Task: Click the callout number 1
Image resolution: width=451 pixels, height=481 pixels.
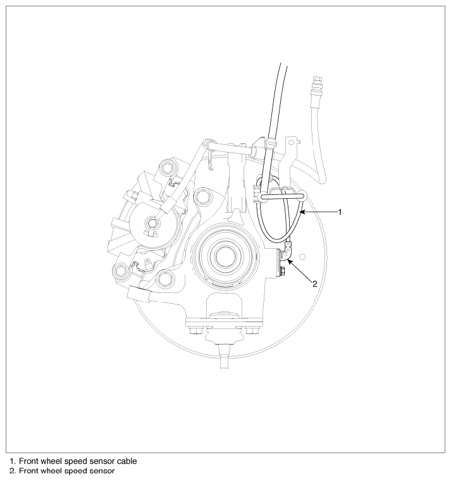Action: pyautogui.click(x=340, y=212)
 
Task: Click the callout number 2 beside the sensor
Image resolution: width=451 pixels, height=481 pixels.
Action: pyautogui.click(x=314, y=284)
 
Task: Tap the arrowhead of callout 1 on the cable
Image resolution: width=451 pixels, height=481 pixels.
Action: pyautogui.click(x=302, y=212)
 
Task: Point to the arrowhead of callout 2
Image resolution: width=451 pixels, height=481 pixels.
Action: pyautogui.click(x=290, y=261)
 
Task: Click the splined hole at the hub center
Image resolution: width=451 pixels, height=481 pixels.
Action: pyautogui.click(x=226, y=254)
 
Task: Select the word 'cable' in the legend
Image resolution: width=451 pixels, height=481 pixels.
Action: pyautogui.click(x=127, y=461)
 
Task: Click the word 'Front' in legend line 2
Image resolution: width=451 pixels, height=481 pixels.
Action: pyautogui.click(x=28, y=471)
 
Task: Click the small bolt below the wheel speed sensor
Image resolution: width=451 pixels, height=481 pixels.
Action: pyautogui.click(x=282, y=272)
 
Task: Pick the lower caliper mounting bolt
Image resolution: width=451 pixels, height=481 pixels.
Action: pyautogui.click(x=120, y=271)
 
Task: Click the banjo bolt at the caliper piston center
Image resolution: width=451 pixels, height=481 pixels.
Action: pyautogui.click(x=152, y=222)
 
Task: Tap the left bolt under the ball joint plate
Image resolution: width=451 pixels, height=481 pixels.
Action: pyautogui.click(x=194, y=331)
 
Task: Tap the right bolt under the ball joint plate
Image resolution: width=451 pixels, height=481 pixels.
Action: pyautogui.click(x=252, y=331)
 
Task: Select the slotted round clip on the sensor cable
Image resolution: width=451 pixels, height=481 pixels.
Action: pyautogui.click(x=271, y=142)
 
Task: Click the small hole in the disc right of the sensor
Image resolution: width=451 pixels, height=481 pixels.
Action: pyautogui.click(x=303, y=256)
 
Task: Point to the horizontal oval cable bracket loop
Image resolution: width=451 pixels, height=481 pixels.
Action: pyautogui.click(x=281, y=195)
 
